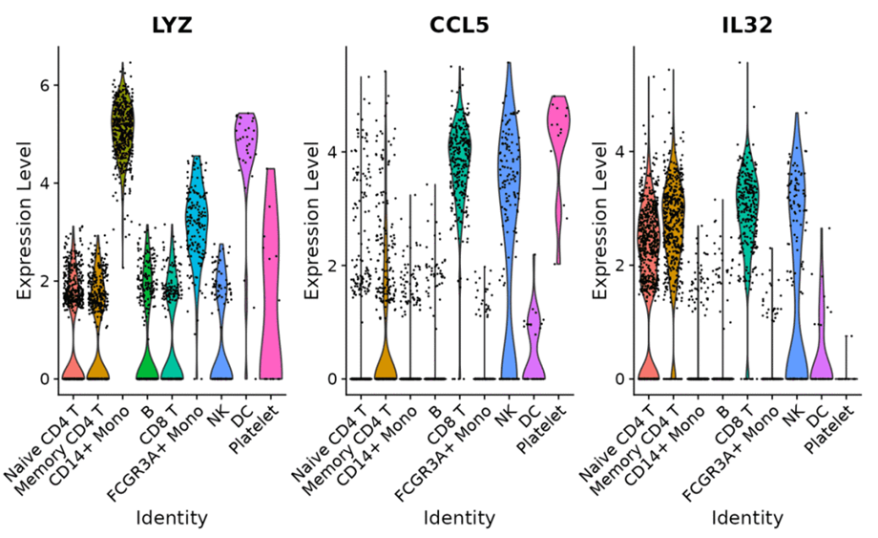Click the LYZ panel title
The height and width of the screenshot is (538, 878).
coord(172,25)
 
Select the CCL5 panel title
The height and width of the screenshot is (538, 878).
coord(459,25)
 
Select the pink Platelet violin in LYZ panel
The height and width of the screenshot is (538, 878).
coord(270,287)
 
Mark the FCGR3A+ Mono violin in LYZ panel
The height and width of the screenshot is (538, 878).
coord(197,229)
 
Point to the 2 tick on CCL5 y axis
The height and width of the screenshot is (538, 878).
coord(329,265)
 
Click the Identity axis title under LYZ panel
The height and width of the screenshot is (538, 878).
coord(172,518)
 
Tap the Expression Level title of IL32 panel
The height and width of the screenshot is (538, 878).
coord(600,220)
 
